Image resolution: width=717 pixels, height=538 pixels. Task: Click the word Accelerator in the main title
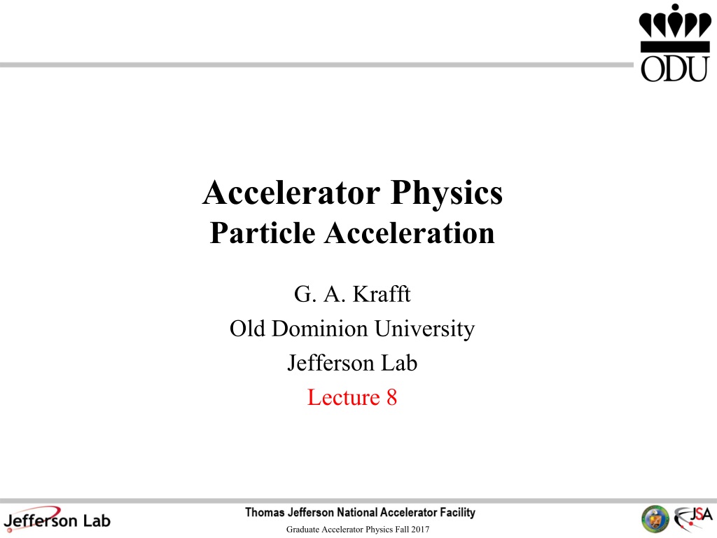(x=291, y=193)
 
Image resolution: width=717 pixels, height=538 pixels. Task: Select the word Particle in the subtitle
(x=263, y=233)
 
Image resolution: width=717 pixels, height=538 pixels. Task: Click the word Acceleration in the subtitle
(x=410, y=233)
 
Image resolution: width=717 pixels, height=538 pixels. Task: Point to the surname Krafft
(x=382, y=294)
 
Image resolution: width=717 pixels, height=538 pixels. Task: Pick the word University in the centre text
(x=424, y=330)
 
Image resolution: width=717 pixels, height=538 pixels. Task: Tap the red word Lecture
(x=343, y=397)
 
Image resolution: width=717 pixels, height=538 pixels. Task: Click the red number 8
(x=392, y=397)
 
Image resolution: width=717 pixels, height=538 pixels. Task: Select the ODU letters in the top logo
(x=674, y=69)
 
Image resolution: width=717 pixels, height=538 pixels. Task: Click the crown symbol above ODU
(x=675, y=28)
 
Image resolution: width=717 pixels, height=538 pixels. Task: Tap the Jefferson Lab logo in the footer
(x=57, y=519)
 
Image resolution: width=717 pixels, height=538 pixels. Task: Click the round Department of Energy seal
(x=655, y=519)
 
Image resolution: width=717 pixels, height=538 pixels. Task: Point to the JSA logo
(x=693, y=518)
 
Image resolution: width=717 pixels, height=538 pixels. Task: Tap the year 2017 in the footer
(x=420, y=530)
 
